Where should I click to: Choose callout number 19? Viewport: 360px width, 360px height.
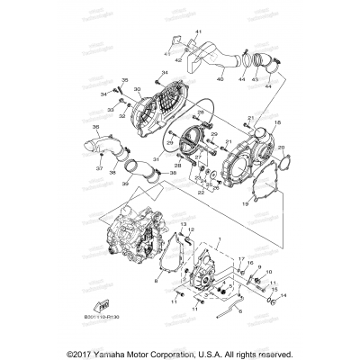[244, 205]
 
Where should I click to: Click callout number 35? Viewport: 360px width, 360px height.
[124, 80]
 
